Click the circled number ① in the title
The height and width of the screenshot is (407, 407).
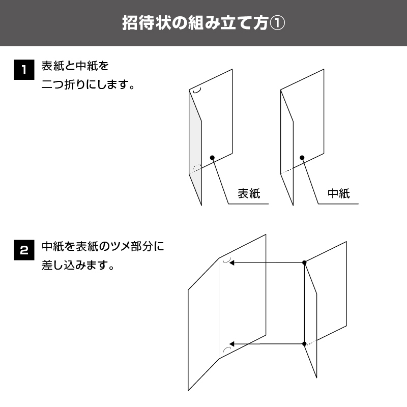pyautogui.click(x=277, y=23)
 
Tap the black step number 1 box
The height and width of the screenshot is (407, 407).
pyautogui.click(x=24, y=70)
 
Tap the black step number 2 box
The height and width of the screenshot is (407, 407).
pyautogui.click(x=24, y=250)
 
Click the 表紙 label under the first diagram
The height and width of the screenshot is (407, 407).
pyautogui.click(x=249, y=194)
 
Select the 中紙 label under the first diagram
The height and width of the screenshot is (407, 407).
pyautogui.click(x=339, y=194)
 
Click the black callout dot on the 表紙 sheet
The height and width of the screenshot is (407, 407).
pyautogui.click(x=212, y=158)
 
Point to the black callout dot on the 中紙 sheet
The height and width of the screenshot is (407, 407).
pyautogui.click(x=302, y=158)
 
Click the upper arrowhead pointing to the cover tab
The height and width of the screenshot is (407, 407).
pyautogui.click(x=232, y=263)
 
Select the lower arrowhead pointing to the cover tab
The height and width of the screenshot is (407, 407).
pyautogui.click(x=232, y=344)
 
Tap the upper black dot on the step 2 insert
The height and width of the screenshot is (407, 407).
pyautogui.click(x=304, y=263)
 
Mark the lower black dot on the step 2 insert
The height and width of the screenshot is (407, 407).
pyautogui.click(x=304, y=344)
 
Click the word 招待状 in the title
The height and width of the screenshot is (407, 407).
pyautogui.click(x=147, y=23)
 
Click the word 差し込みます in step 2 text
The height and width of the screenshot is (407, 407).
pyautogui.click(x=74, y=265)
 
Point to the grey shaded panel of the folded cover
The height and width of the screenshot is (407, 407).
pyautogui.click(x=195, y=146)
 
